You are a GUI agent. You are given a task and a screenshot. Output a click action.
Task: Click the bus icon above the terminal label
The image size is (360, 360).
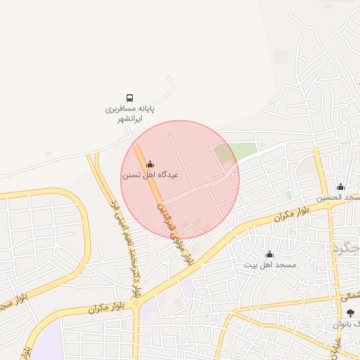tap(129, 98)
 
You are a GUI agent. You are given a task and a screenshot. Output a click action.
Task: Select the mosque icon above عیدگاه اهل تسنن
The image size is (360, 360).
tap(149, 165)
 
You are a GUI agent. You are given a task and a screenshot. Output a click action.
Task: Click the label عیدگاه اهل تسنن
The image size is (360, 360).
tap(150, 174)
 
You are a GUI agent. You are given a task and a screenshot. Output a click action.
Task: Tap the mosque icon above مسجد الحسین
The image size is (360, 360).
tap(341, 187)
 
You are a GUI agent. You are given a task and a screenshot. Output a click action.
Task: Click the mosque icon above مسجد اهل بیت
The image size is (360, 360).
tap(269, 254)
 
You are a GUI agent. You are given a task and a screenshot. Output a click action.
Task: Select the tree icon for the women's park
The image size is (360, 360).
tap(350, 313)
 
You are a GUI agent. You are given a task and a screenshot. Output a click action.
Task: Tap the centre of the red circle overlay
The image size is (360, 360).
tap(180, 180)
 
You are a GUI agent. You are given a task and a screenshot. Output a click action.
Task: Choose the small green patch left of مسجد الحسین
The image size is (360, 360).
tap(288, 195)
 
